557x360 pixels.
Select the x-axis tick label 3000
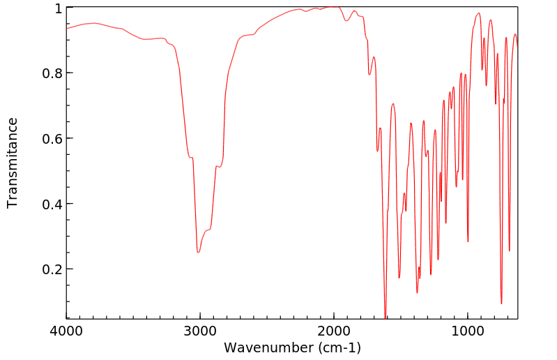tap(200, 331)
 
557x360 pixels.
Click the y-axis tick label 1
tap(59, 8)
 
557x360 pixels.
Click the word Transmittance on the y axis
tap(13, 163)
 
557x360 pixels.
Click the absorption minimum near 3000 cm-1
tap(199, 252)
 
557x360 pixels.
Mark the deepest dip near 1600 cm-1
tap(386, 317)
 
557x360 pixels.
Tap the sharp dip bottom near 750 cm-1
tap(501, 303)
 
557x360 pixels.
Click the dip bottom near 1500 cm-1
tap(399, 278)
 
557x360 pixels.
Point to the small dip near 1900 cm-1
tap(346, 21)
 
